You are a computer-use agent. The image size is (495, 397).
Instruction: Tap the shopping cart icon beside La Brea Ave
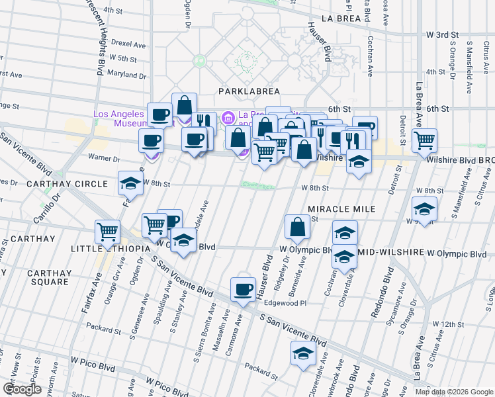(424, 140)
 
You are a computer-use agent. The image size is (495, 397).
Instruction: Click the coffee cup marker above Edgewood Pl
(243, 289)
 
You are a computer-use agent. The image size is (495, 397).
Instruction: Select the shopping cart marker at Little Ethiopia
(107, 232)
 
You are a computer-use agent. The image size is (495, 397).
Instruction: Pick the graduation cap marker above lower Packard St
(303, 353)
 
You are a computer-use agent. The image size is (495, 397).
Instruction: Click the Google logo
(22, 389)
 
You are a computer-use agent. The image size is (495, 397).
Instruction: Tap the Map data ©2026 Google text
(454, 391)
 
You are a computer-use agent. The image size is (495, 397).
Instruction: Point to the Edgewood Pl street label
(285, 303)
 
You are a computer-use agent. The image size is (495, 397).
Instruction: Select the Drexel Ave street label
(128, 44)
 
